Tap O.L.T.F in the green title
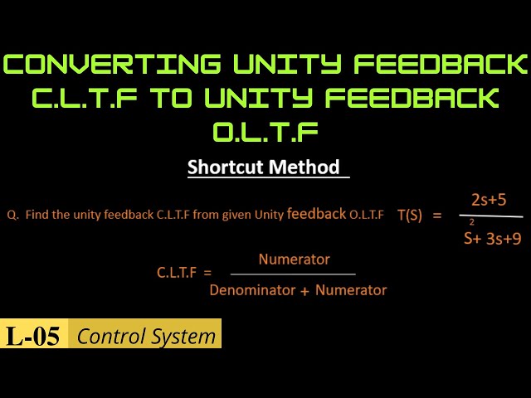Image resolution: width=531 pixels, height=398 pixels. [x=265, y=132]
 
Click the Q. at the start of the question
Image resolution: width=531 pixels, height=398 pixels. [x=12, y=215]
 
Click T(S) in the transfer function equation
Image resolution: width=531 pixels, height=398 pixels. [x=409, y=215]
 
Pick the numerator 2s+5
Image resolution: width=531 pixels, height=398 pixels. [x=489, y=199]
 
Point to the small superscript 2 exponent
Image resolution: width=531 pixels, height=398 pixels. [x=472, y=222]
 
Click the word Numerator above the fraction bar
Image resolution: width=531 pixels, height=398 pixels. [x=294, y=260]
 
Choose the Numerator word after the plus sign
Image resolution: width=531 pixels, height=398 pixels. [x=351, y=290]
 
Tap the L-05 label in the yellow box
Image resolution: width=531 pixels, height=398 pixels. [x=33, y=337]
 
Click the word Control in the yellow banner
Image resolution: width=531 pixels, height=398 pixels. [x=109, y=337]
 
